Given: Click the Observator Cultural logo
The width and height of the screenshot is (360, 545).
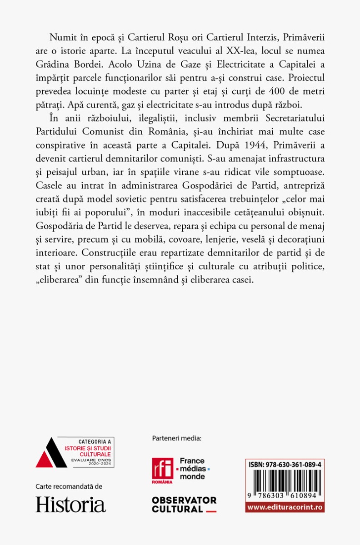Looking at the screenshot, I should click(x=184, y=504).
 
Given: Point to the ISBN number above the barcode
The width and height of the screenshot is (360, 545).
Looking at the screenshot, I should click(x=285, y=465).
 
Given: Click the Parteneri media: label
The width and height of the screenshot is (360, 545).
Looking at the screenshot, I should click(x=177, y=438).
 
